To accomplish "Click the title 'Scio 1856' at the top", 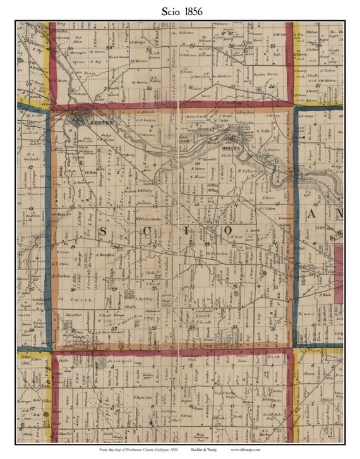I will click(x=179, y=11).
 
